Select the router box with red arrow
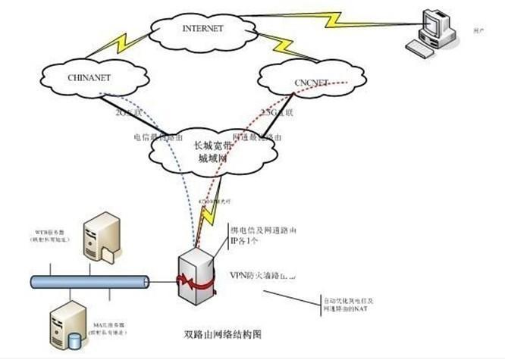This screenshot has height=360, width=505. (x=196, y=272)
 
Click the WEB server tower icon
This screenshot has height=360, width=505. (x=99, y=236)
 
